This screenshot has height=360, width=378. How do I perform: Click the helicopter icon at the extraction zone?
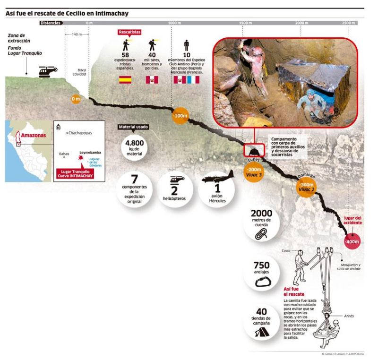pos(47,71)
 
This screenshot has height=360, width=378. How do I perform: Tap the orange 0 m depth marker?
pos(76,99)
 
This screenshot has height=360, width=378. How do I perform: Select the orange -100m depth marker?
pos(180,116)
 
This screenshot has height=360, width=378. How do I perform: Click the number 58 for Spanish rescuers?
pos(127,56)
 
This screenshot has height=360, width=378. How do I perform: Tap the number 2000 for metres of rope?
pos(261,213)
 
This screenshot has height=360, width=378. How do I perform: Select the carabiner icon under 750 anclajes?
pos(261,283)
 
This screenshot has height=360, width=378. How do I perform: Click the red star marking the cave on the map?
pos(81,160)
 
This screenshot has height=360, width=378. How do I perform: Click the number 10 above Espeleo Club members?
pos(187,56)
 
